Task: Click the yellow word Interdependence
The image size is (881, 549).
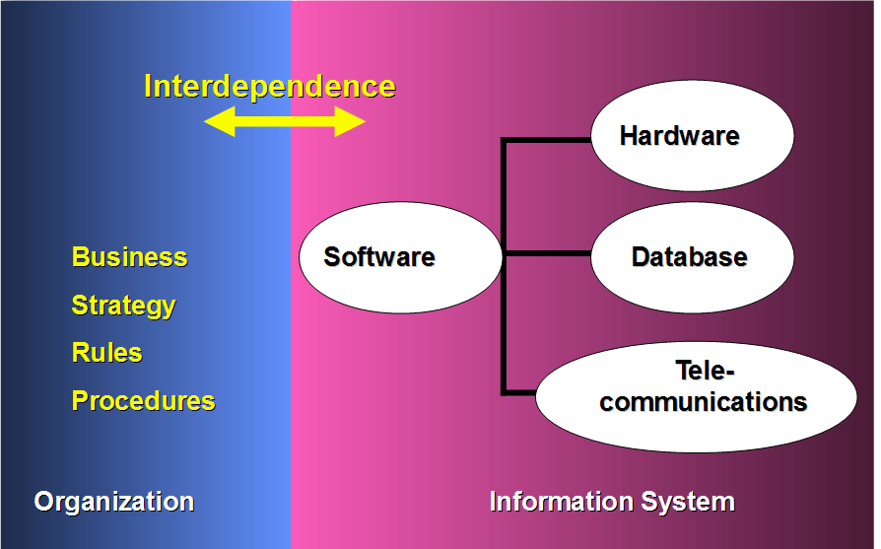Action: (269, 87)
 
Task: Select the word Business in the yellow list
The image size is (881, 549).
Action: (129, 258)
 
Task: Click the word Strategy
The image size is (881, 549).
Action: (123, 306)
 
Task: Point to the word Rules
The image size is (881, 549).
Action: (106, 353)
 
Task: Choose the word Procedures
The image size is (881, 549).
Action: (143, 401)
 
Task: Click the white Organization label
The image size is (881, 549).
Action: (113, 502)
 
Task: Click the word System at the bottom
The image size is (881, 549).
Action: (689, 502)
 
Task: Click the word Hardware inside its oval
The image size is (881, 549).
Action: (679, 136)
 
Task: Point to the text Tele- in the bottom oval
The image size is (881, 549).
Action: (706, 372)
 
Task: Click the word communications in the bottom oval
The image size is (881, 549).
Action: (704, 402)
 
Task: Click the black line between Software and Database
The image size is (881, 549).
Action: (547, 254)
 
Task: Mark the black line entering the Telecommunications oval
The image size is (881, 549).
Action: (520, 392)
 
